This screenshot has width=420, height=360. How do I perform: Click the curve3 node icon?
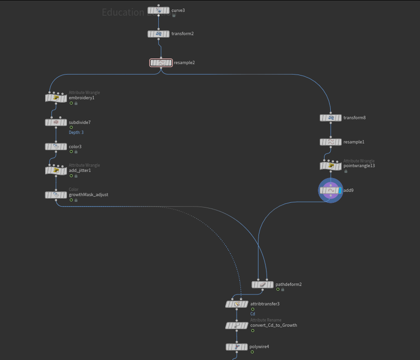click(x=159, y=10)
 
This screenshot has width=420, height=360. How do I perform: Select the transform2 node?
click(x=159, y=34)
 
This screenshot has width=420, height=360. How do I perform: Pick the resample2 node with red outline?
click(x=161, y=62)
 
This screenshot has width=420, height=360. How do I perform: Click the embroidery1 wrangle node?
click(x=56, y=98)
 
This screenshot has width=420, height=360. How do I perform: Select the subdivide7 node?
click(x=56, y=123)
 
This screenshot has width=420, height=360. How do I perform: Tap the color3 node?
click(x=56, y=147)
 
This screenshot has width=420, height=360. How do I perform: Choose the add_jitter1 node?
click(x=56, y=171)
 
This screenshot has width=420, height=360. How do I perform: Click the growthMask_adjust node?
click(x=56, y=195)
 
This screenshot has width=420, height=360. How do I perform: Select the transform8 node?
click(x=331, y=118)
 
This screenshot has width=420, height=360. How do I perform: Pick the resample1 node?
click(x=331, y=142)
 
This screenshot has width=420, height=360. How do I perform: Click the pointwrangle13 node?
click(x=331, y=166)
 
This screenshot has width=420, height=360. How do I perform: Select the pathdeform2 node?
click(x=262, y=284)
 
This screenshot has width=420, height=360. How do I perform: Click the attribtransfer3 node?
click(x=237, y=304)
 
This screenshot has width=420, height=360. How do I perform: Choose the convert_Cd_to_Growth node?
click(x=237, y=326)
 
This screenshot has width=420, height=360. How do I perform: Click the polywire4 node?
click(x=237, y=347)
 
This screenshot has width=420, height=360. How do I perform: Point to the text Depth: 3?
click(x=76, y=133)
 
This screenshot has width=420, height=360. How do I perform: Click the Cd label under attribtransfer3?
click(x=253, y=314)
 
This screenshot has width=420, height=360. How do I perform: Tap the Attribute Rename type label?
click(x=266, y=320)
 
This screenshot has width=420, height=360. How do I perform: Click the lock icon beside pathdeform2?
click(x=283, y=289)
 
